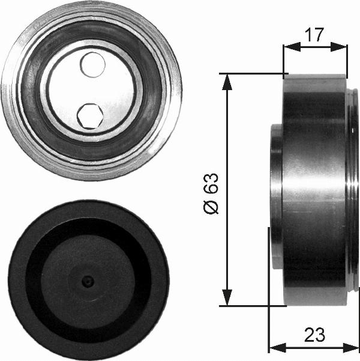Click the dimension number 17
pos(314,35)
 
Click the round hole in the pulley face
pos(92,64)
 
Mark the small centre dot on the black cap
pos(88,281)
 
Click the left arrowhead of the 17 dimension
pos(287,46)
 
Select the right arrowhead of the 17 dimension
pos(343,46)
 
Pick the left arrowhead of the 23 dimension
pos(274,347)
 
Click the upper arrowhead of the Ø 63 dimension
pos(227,80)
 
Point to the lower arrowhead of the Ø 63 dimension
pos(227,298)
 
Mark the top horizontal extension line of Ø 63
pos(252,74)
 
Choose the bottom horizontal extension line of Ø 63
pos(252,305)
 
